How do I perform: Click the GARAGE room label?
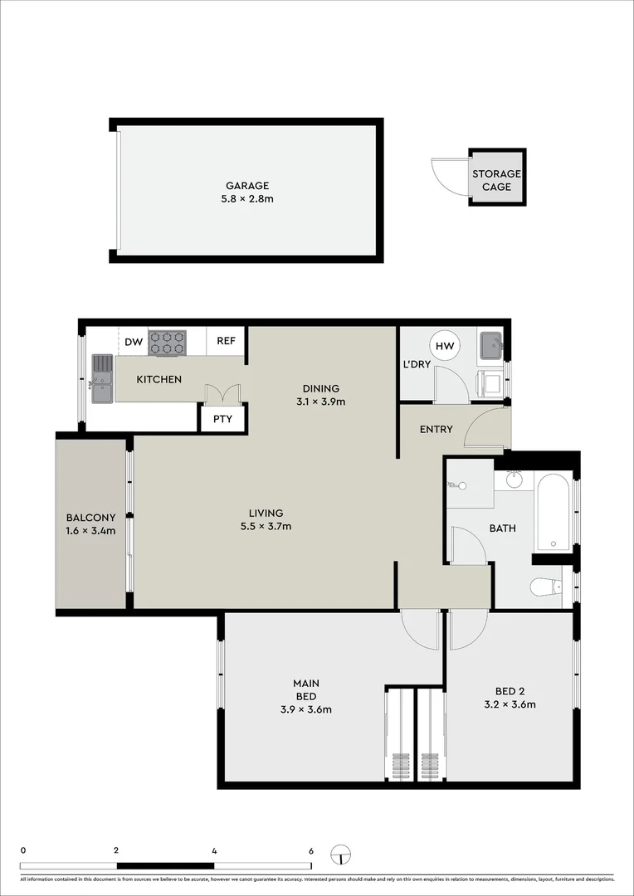(247, 186)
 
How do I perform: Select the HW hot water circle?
(444, 346)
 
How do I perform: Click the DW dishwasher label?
(134, 341)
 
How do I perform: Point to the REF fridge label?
(226, 341)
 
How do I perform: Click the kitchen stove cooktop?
(168, 343)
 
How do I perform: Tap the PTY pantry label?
(222, 419)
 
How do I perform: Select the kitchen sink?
(101, 377)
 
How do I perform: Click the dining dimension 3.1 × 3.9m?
(320, 402)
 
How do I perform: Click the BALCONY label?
(90, 519)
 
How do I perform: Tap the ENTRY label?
(436, 429)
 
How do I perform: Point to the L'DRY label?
(417, 364)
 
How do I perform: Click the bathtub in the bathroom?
(553, 511)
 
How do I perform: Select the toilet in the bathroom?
(545, 587)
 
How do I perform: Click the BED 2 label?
(510, 691)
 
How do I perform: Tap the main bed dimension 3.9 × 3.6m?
(306, 709)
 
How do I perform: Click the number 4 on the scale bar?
(214, 850)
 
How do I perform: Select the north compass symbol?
(339, 855)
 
